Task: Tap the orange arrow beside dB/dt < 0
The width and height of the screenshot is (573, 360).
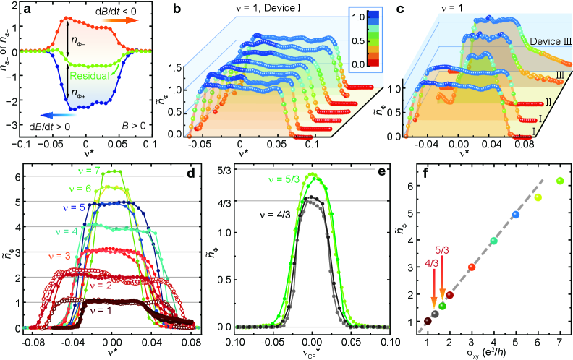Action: coord(122,22)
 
